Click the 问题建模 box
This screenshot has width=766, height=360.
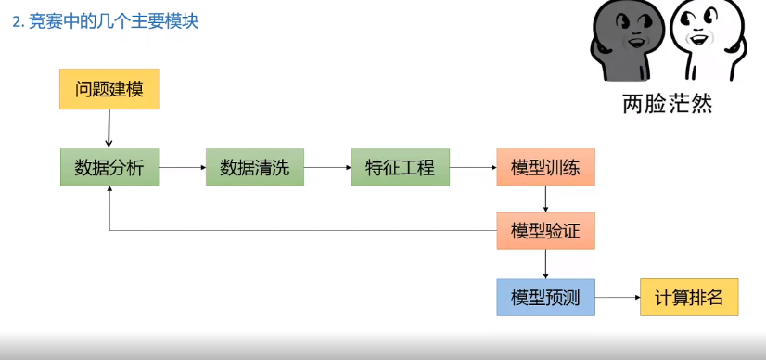coord(109,89)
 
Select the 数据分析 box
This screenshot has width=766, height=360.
coord(109,168)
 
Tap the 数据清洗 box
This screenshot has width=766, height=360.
coord(254,168)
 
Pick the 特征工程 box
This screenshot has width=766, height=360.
coord(400,168)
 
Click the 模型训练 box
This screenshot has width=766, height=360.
coord(545,168)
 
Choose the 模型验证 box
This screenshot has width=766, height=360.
coord(545,231)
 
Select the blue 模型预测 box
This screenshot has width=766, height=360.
coord(545,297)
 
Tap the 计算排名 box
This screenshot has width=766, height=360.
coord(689,297)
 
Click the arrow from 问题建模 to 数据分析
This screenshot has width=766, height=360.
coord(109,128)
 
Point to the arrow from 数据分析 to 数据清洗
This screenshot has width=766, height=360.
coord(182,168)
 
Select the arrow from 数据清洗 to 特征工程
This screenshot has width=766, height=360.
coord(327,168)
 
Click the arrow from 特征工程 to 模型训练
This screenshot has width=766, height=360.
coord(472,168)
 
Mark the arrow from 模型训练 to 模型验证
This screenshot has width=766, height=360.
coord(545,199)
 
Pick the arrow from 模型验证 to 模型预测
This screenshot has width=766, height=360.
coord(545,264)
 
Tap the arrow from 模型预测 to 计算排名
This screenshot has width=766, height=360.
coord(617,297)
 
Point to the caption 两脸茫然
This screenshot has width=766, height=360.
coord(667,104)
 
